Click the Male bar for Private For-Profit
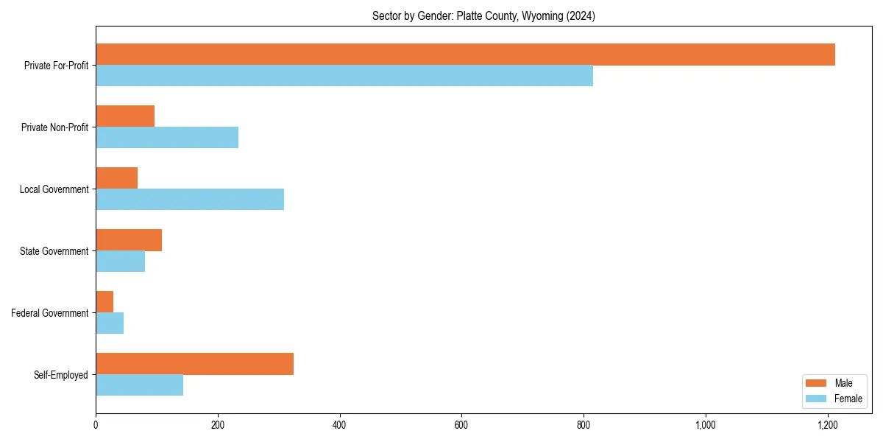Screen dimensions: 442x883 click(465, 55)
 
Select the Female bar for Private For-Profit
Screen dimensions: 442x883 click(344, 76)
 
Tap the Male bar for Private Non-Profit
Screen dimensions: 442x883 click(125, 116)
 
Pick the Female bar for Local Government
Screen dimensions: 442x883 click(190, 199)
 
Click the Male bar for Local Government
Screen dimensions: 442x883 click(116, 178)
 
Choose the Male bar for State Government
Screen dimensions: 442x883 click(129, 240)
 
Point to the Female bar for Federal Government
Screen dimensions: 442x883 click(110, 323)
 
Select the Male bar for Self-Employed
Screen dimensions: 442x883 click(194, 364)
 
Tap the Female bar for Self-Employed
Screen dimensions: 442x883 click(139, 385)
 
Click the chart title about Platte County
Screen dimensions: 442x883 click(483, 15)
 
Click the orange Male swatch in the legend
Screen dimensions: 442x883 click(816, 383)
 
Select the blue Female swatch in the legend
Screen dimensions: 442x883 click(816, 399)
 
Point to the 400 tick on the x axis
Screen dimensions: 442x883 click(339, 425)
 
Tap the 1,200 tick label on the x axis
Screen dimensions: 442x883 click(828, 425)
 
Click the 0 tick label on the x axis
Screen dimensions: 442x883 click(96, 425)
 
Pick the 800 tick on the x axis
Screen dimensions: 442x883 click(584, 425)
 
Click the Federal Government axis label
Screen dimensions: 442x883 click(50, 313)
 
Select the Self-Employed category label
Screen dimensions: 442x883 click(61, 375)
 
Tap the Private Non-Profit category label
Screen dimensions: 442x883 click(54, 127)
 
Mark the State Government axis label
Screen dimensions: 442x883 click(54, 251)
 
